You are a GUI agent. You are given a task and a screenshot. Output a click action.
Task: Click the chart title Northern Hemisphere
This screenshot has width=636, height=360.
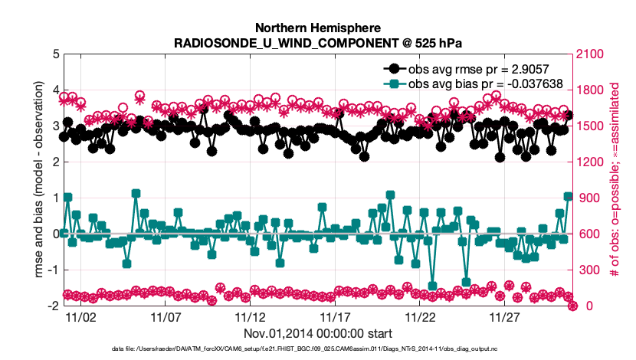click(x=317, y=28)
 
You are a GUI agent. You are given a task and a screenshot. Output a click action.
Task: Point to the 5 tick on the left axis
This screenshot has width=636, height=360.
click(x=53, y=54)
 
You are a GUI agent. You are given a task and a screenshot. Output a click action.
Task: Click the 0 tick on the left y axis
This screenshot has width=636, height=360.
click(x=53, y=234)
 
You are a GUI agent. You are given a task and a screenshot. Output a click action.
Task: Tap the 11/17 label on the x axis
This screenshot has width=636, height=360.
click(x=335, y=317)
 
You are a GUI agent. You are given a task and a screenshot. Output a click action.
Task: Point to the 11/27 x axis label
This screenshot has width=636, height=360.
click(x=505, y=317)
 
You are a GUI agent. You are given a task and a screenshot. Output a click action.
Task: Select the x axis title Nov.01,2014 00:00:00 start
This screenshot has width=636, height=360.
click(x=317, y=334)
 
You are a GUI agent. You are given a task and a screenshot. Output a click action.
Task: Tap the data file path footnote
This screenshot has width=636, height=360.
click(x=317, y=349)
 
